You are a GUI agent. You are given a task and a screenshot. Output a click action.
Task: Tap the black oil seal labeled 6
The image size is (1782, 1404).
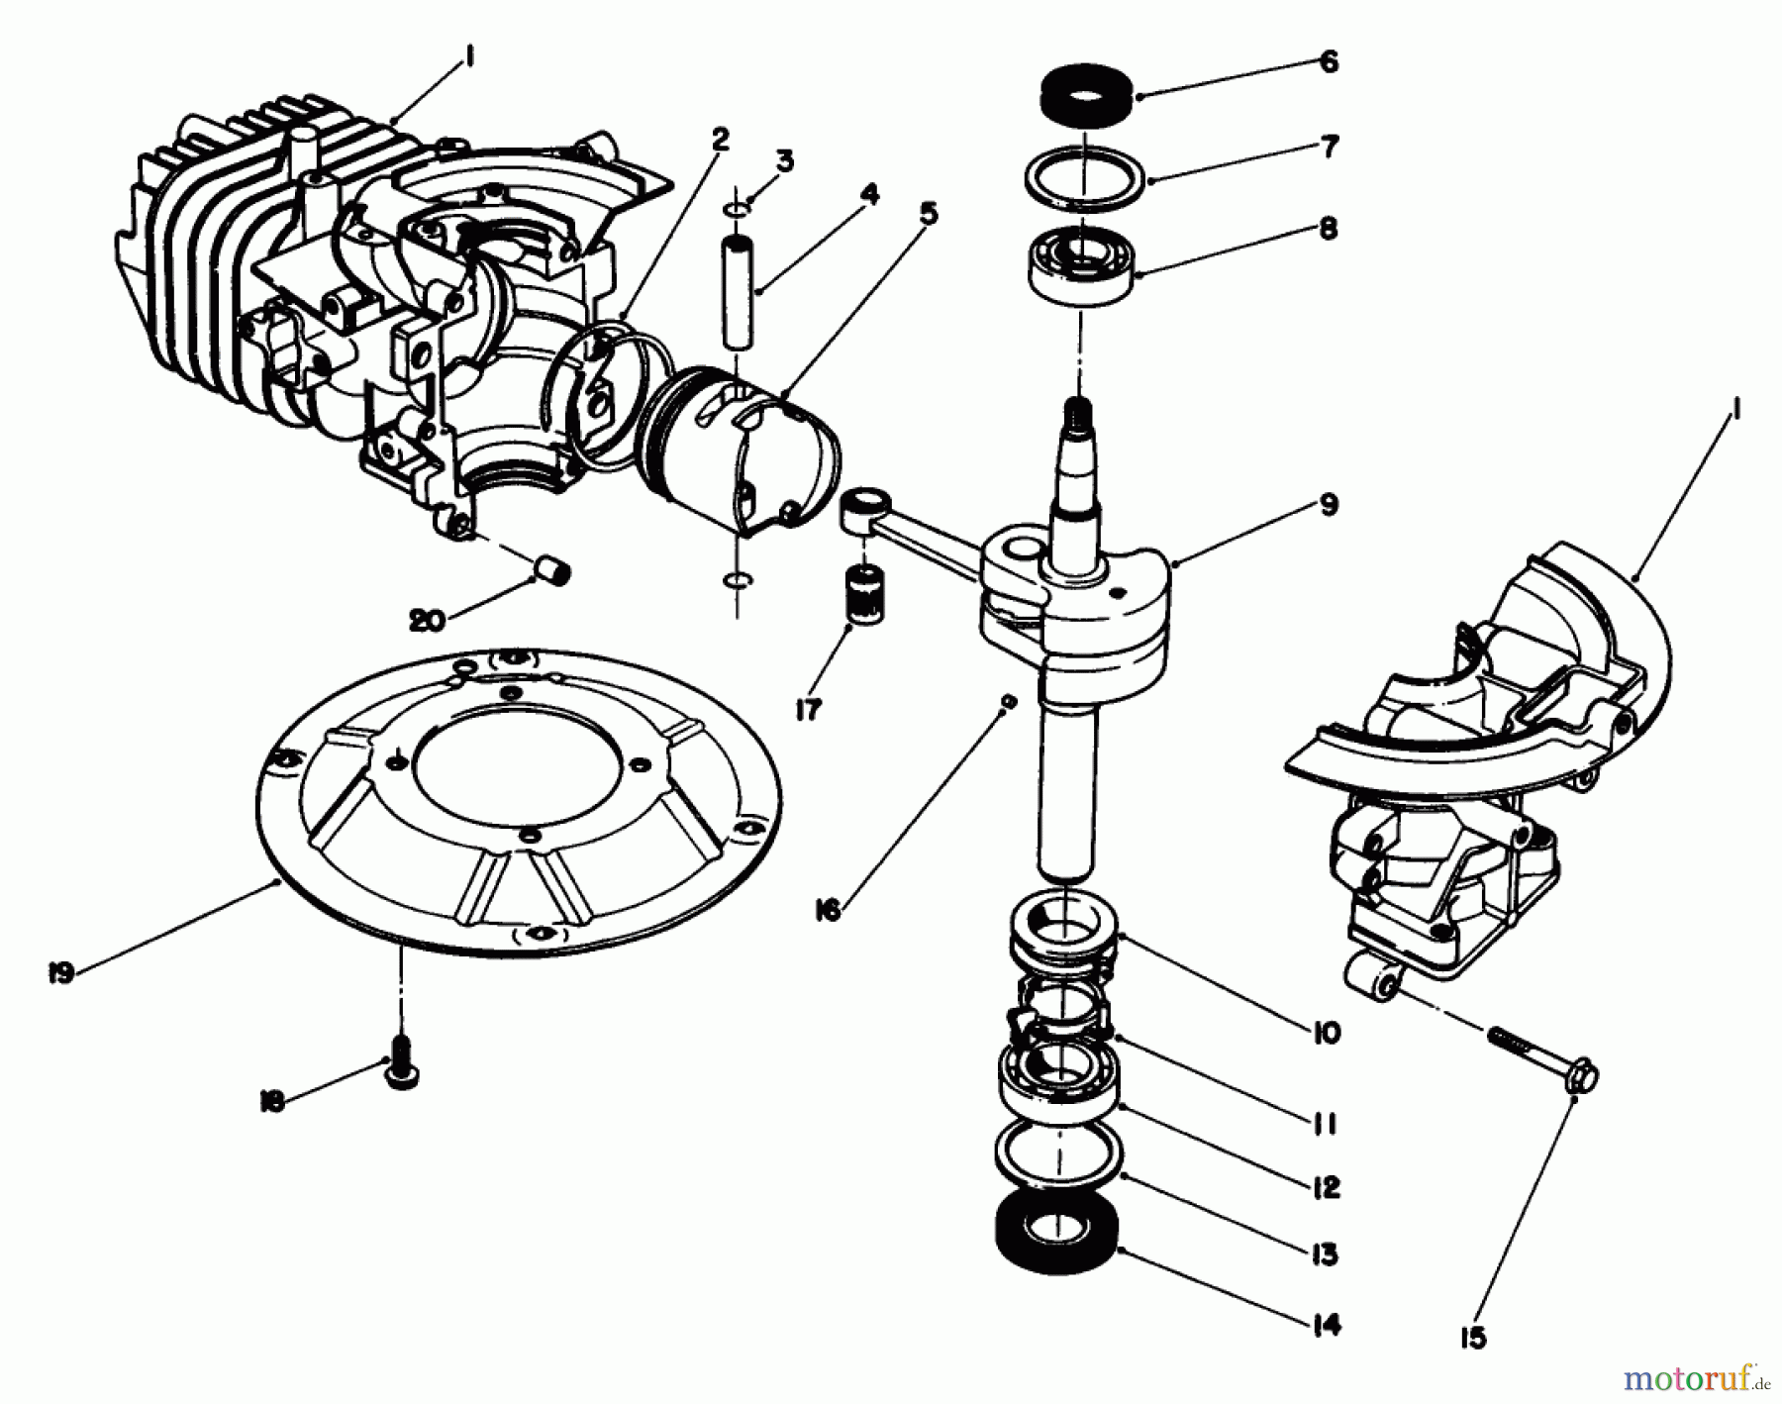[1083, 100]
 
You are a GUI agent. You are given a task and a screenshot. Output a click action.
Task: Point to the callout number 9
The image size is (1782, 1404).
[1329, 505]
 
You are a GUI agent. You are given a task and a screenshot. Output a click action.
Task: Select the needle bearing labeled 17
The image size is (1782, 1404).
[865, 596]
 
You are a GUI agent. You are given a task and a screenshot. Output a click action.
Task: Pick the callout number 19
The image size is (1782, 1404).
[60, 973]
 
